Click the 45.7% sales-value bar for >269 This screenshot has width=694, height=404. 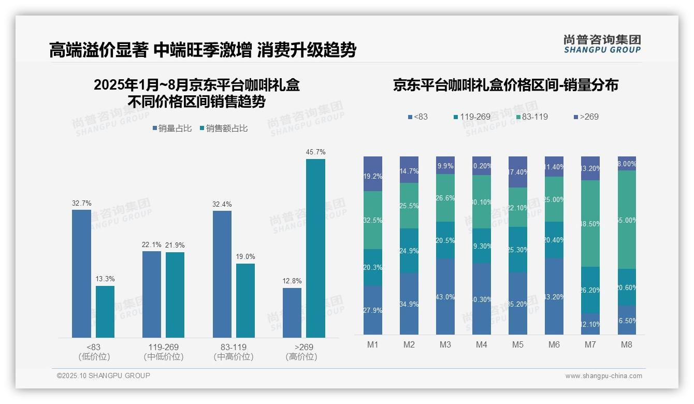pos(315,249)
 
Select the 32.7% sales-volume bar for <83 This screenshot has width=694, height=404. pos(81,273)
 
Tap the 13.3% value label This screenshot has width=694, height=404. pos(105,279)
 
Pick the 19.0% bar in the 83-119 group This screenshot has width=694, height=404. pos(245,300)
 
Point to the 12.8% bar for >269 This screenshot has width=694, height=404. pos(292,313)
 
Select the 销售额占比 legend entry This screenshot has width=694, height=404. pos(223,128)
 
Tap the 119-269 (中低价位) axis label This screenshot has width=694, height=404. pos(164,352)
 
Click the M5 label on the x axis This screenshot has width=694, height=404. pos(518,344)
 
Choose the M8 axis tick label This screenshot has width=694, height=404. pos(627,344)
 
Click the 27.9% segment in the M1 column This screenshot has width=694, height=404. pos(373,310)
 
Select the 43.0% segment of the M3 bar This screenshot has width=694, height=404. pos(445,296)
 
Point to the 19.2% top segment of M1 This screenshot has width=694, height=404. pos(373,174)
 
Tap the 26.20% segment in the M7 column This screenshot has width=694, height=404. pos(590,290)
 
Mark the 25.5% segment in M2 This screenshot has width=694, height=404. pos(409,206)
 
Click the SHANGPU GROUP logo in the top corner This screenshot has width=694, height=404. pos(602,44)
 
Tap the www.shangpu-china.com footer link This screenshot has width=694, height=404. pos(603,376)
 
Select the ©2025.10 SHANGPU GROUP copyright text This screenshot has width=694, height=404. pos(104,376)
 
